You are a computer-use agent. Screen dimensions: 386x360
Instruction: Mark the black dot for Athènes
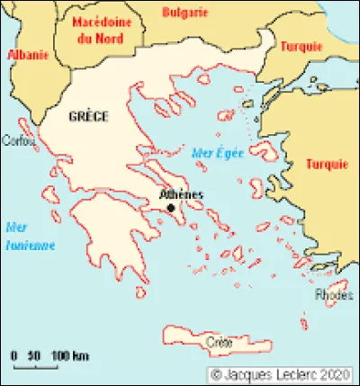[171, 208]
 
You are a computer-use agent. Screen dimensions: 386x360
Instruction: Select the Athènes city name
[180, 194]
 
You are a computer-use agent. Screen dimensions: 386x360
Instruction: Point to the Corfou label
[19, 141]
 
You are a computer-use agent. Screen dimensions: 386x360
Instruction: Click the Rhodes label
[334, 294]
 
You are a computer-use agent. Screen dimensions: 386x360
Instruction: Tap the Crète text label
[219, 343]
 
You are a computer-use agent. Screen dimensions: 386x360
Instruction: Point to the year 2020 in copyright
[334, 373]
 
